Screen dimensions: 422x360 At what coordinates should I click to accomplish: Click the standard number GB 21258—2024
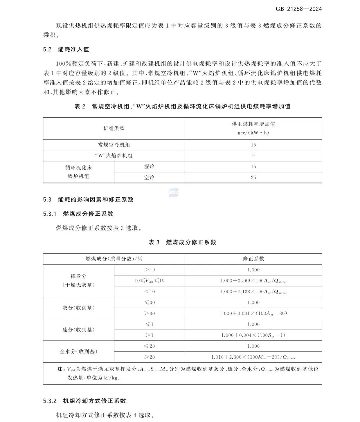pos(299,9)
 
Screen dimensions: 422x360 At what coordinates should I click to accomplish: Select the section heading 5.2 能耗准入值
pos(66,49)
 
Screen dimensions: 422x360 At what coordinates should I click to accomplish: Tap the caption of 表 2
pos(182,106)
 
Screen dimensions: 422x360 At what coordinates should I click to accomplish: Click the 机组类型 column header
pos(114,128)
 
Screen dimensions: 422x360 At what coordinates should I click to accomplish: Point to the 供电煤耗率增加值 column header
pos(253,128)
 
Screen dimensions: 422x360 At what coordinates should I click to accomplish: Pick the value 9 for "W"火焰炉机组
pos(253,156)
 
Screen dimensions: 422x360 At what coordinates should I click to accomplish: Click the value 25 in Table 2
pos(253,177)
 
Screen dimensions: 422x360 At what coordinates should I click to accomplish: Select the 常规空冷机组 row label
pos(114,145)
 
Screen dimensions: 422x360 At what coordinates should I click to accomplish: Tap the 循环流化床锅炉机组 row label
pos(79,172)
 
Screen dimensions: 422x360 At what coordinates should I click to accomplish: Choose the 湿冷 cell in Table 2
pos(149,167)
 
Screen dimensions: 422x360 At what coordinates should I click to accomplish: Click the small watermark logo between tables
pos(174,192)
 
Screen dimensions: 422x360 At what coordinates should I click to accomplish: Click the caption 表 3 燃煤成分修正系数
pos(182,242)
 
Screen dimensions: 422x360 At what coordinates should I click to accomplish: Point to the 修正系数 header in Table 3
pos(253,259)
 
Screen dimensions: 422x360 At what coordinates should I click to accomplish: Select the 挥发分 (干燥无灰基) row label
pos(79,281)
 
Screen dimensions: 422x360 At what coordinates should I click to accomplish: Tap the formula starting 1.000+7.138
pos(253,292)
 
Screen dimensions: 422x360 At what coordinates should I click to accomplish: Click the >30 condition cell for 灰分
pos(149,313)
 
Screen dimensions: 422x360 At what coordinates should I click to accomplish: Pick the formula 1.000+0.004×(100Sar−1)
pos(253,335)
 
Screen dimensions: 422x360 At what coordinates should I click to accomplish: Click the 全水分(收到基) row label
pos(79,351)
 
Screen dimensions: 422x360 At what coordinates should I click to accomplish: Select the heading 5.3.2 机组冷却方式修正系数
pos(84,401)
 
